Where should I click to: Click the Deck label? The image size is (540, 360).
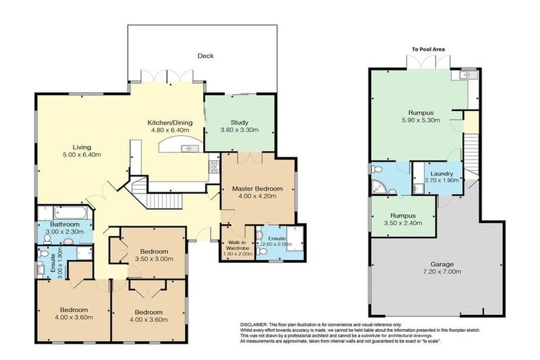(x=205, y=56)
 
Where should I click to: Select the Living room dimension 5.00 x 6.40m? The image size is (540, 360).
(x=82, y=155)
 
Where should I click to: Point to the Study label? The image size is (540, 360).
(x=240, y=121)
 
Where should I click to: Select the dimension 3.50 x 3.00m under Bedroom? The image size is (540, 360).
(x=153, y=259)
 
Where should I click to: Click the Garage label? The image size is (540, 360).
(x=442, y=265)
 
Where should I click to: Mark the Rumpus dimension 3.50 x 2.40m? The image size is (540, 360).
(x=402, y=224)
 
